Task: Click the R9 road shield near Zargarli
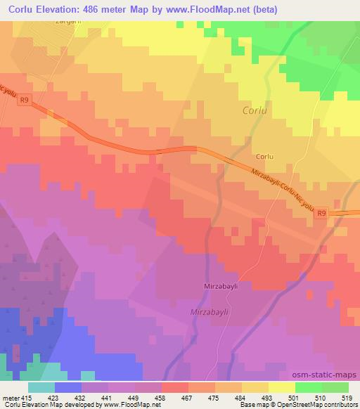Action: point(25,100)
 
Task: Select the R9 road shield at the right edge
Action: point(321,213)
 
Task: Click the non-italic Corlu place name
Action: point(264,156)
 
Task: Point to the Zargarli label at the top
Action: point(68,22)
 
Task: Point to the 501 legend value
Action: point(297,397)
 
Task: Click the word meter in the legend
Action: point(10,397)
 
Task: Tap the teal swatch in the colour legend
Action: point(41,387)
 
